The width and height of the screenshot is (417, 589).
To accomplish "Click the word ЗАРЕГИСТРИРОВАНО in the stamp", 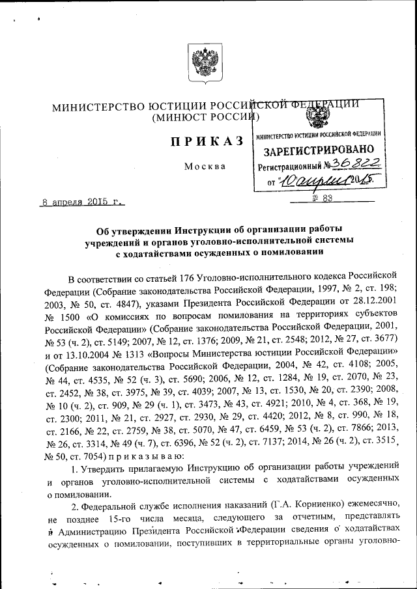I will [319, 150].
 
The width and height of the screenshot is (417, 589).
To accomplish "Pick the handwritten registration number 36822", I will [351, 164].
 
